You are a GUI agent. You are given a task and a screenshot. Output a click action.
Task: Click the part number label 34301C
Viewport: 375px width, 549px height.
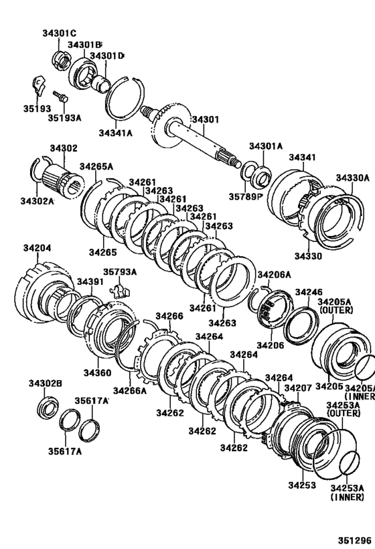59,34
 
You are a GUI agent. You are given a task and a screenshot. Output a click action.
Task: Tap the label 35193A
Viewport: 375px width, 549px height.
64,118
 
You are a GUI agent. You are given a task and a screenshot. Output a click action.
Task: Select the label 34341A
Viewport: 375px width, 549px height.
115,133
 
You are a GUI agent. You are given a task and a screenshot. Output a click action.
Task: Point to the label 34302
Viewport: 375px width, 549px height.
64,148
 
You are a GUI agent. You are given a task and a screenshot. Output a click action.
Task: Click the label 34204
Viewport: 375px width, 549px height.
37,248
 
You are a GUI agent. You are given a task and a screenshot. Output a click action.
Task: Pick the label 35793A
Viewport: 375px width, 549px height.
120,271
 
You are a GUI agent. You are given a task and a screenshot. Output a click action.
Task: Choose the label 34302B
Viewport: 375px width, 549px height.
45,383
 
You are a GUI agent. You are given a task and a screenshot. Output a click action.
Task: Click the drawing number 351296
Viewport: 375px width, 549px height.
354,540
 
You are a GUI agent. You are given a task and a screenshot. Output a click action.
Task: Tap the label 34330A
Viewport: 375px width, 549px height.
353,178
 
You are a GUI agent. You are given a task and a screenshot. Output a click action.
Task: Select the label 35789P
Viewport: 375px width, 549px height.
246,197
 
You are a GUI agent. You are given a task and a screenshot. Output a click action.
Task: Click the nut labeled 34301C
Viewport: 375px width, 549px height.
61,60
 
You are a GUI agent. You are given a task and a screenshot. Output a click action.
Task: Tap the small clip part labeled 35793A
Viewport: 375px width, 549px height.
120,290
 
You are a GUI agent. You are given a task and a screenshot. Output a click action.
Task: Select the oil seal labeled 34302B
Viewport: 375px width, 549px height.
48,407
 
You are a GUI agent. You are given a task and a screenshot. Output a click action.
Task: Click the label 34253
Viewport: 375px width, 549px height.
302,485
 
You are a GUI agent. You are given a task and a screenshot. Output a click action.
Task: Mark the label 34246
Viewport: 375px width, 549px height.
309,292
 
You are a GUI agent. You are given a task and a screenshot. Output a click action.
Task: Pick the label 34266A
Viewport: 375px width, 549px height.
129,390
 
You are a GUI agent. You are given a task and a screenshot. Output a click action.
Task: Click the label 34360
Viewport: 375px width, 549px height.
97,373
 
